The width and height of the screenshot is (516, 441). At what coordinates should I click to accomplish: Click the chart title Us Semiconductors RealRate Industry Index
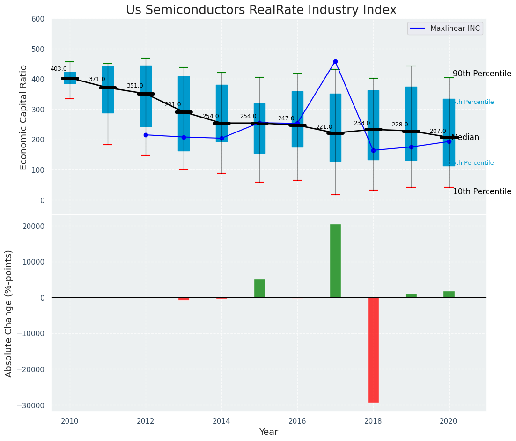point(261,10)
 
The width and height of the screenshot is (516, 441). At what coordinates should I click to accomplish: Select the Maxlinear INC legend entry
point(445,29)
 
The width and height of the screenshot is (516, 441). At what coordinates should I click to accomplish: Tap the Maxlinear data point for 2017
point(335,62)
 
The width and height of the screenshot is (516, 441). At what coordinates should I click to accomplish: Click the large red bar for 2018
point(373,350)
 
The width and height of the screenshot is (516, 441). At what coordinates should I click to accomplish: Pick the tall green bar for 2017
point(335,261)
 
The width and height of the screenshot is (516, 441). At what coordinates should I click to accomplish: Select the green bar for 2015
point(259,288)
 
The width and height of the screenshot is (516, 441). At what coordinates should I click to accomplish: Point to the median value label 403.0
point(59,69)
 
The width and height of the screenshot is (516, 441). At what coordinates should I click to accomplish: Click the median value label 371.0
point(97,80)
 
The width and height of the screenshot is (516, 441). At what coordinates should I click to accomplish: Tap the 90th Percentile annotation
point(482,74)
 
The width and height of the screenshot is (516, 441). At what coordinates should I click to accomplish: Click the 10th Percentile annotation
point(482,192)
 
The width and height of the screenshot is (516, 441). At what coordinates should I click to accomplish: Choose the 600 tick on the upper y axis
point(38,19)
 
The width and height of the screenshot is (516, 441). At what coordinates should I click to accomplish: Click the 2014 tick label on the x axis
point(221,420)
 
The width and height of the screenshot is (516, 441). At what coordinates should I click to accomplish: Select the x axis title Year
point(268,432)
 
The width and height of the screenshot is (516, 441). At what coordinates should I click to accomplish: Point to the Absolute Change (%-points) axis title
point(9,313)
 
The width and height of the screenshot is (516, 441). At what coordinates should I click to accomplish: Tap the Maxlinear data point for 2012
point(146,135)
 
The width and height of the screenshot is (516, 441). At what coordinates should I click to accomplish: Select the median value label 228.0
point(400,125)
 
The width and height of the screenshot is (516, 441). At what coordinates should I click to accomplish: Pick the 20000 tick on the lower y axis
point(32,226)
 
